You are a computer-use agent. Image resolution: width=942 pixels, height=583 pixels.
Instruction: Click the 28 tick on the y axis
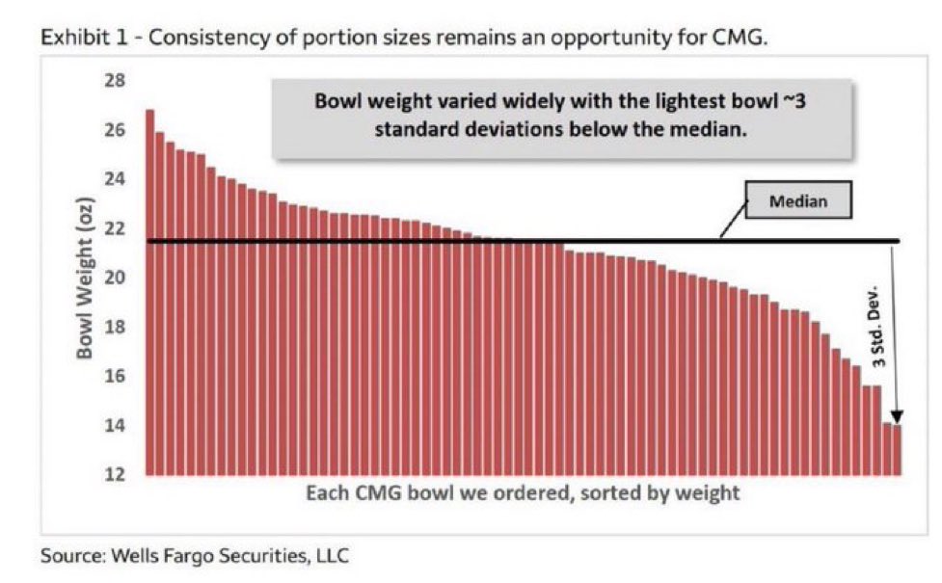pyautogui.click(x=114, y=81)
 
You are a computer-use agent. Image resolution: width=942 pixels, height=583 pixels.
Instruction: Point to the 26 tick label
pyautogui.click(x=114, y=130)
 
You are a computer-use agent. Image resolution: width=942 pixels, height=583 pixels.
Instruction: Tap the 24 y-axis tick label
pyautogui.click(x=114, y=179)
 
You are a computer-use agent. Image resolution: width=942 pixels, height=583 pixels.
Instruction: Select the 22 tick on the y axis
pyautogui.click(x=114, y=228)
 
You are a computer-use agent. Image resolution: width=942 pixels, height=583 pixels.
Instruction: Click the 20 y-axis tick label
pyautogui.click(x=114, y=278)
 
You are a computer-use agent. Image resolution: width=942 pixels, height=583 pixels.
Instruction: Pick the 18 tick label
pyautogui.click(x=114, y=327)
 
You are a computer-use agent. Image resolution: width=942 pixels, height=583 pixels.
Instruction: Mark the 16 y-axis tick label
pyautogui.click(x=114, y=376)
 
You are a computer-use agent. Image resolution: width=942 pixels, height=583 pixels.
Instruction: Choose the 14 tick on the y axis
pyautogui.click(x=114, y=425)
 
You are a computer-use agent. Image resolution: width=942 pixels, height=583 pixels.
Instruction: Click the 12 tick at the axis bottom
pyautogui.click(x=114, y=474)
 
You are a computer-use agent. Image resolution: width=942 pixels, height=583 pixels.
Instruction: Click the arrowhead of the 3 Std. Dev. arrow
pyautogui.click(x=896, y=416)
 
